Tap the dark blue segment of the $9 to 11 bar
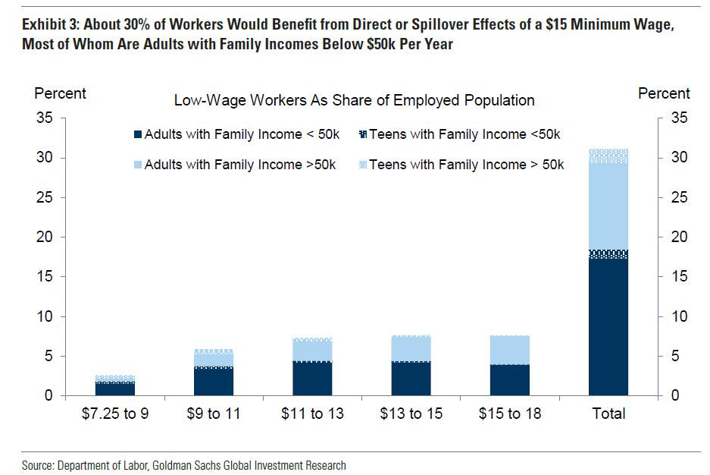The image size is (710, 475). [x=214, y=382]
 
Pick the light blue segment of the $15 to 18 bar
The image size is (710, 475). [x=509, y=350]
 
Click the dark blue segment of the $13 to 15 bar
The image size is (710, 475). [x=411, y=379]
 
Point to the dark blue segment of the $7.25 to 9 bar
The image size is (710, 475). [x=115, y=388]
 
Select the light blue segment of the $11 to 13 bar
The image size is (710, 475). [x=312, y=351]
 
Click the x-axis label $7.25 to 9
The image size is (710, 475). [x=116, y=414]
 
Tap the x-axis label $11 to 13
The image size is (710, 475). [x=312, y=414]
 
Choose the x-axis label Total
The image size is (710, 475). [x=608, y=414]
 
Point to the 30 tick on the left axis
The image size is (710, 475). [x=44, y=158]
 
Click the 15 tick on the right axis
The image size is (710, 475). [x=680, y=277]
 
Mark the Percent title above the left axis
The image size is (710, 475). [x=61, y=94]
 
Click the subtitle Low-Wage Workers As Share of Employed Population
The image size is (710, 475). [x=354, y=100]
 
